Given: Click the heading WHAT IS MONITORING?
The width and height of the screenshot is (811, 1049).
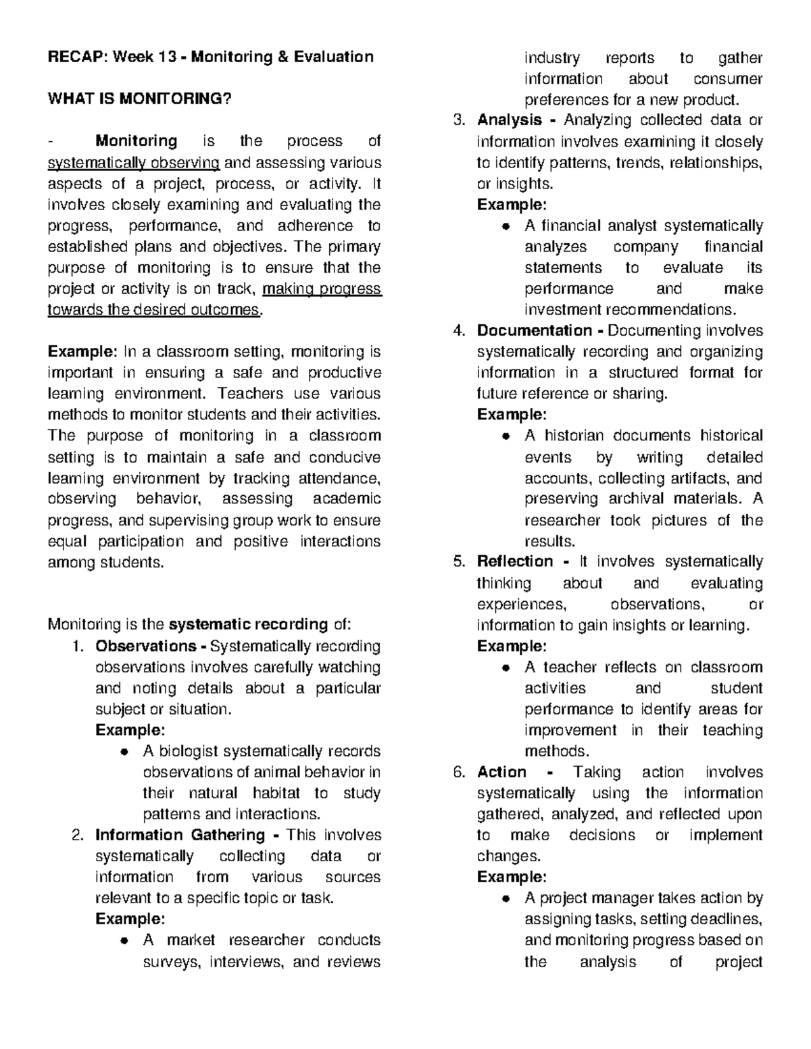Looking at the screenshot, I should tap(139, 99).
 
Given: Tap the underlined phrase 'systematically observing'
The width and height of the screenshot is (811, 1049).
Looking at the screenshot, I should tap(133, 162).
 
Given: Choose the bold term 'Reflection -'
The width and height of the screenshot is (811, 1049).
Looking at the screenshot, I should tap(523, 561).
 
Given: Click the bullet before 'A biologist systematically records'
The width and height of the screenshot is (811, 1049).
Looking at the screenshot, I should tap(123, 752).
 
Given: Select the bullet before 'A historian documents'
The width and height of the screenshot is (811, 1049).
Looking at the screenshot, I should tap(505, 436).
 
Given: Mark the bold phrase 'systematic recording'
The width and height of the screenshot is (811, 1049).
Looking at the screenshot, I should tap(248, 624).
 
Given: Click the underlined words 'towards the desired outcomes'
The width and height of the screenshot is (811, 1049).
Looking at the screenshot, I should tap(153, 309).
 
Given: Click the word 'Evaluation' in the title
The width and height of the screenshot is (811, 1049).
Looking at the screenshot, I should tap(333, 57).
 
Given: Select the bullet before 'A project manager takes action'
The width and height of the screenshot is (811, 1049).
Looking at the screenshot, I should tap(505, 899).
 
